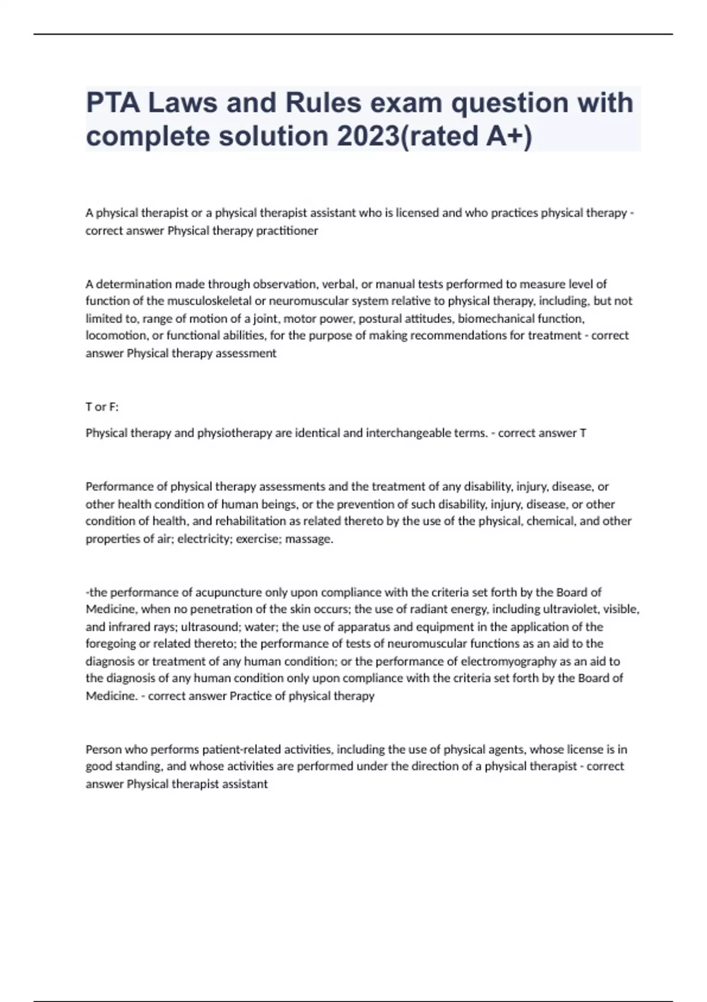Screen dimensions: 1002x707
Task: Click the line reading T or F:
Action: pos(102,407)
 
